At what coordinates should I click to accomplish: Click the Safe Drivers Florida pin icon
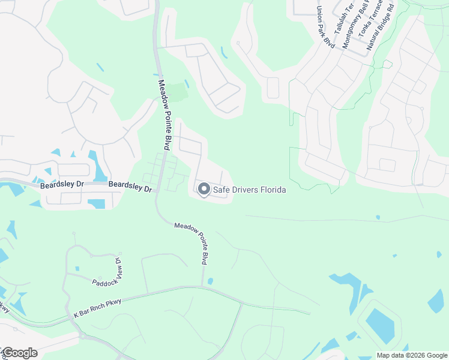(x=203, y=190)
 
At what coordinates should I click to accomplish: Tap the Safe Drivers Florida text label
(x=249, y=190)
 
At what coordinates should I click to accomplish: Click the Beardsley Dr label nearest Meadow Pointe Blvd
(x=130, y=187)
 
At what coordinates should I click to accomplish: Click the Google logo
(x=20, y=352)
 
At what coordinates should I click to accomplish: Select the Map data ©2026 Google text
(x=411, y=355)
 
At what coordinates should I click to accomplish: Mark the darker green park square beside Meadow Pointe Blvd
(x=177, y=93)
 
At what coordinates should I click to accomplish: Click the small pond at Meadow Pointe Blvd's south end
(x=210, y=281)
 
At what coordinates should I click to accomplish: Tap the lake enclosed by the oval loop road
(x=379, y=325)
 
